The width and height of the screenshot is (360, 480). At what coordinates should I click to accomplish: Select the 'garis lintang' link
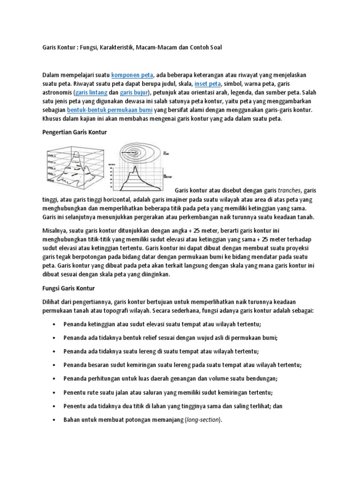pos(91,93)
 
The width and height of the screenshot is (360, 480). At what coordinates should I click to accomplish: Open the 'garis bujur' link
pos(135,93)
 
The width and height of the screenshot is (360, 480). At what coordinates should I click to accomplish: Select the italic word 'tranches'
pos(290,191)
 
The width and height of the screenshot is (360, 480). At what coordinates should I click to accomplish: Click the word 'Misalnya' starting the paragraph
pos(55,231)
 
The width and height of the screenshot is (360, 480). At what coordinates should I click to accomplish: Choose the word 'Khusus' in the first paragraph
pos(52,119)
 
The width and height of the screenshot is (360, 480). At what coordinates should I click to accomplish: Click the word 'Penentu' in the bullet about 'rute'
pos(75,393)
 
